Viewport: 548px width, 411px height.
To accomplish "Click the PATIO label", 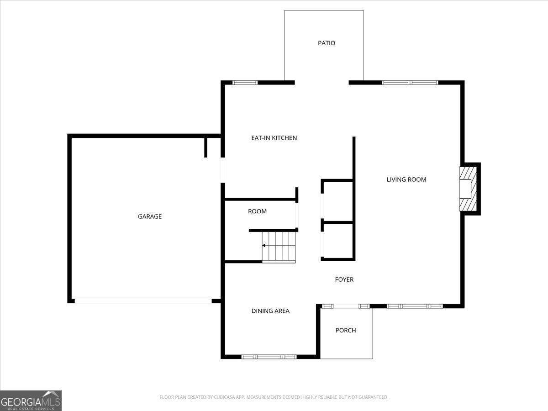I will pos(327,43).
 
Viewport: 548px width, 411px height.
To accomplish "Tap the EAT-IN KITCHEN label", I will pos(274,137).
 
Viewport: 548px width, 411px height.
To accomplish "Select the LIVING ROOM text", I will pos(406,179).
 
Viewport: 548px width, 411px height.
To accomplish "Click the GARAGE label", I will pos(150,216).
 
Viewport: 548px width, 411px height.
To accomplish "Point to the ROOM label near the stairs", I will pos(257,211).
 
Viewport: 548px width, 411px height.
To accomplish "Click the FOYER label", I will pos(344,279).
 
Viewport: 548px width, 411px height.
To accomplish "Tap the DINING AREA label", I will pos(270,311).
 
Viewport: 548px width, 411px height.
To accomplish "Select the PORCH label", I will pos(346,330).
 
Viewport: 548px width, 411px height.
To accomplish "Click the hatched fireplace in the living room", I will pos(468,189).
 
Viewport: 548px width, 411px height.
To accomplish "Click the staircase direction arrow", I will pos(264,246).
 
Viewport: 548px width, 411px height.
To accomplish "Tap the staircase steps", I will pos(279,247).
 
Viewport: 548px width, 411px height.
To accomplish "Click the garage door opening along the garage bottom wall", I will pos(143,301).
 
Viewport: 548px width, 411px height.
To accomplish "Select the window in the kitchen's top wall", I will pos(245,83).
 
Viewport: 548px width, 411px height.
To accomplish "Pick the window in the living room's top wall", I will pos(410,83).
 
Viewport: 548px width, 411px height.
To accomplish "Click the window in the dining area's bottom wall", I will pos(269,357).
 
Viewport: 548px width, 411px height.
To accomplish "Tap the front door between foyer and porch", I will pos(346,306).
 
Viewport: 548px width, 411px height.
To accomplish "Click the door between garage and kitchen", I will pos(223,170).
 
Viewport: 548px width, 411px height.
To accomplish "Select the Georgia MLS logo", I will pos(31,400).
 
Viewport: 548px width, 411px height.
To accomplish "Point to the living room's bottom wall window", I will pos(415,306).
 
